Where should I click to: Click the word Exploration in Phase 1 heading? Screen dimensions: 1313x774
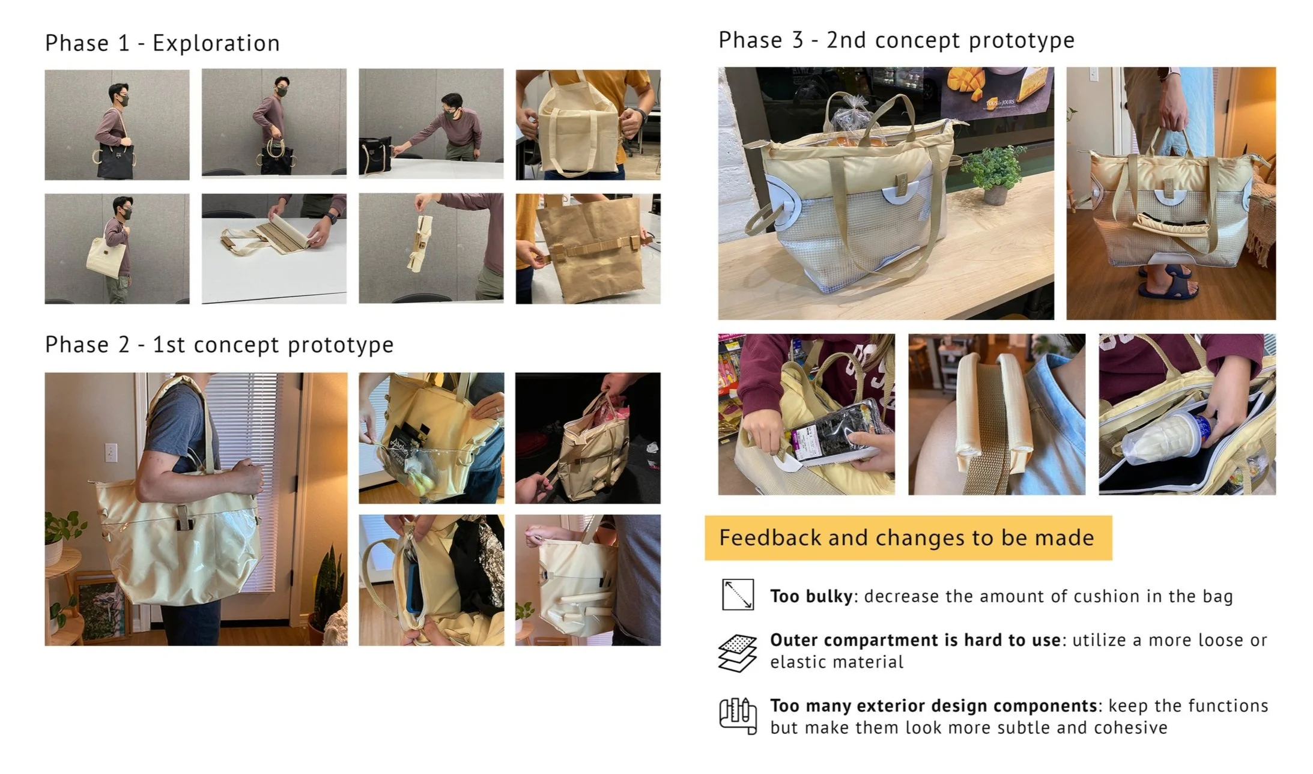(x=216, y=43)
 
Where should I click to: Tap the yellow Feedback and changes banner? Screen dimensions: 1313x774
(x=908, y=537)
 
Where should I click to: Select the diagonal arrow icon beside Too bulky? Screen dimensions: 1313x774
(x=737, y=594)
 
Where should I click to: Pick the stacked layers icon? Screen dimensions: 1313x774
(x=737, y=653)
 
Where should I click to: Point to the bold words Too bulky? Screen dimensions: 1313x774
(x=811, y=596)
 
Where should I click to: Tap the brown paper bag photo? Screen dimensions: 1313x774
(x=588, y=249)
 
